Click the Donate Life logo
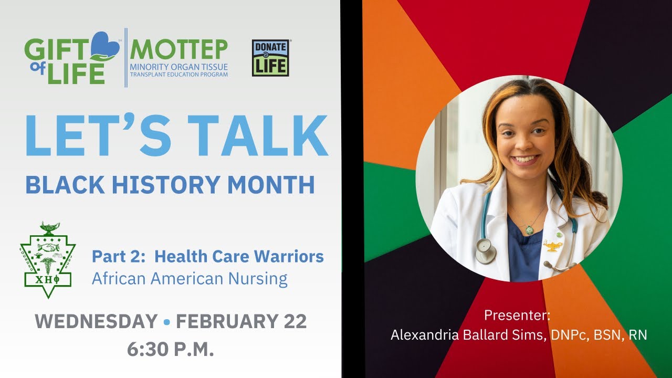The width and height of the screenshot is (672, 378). [x=270, y=58]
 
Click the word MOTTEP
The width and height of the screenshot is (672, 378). [x=178, y=49]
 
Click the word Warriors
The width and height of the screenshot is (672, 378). [x=289, y=257]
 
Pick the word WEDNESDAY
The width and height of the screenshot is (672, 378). [x=96, y=322]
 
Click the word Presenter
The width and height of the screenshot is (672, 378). [x=517, y=316]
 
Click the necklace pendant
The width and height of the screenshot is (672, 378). [x=530, y=230]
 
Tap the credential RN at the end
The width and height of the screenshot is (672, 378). [x=638, y=335]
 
